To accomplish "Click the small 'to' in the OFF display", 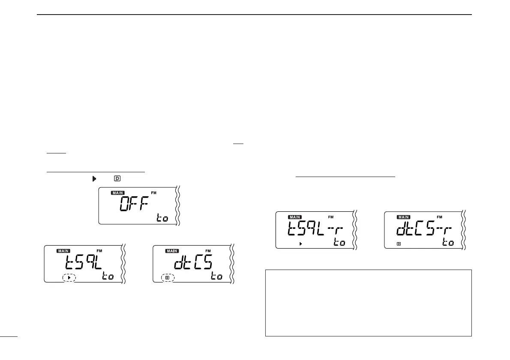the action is point(162,219).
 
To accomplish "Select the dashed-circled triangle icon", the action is point(69,278).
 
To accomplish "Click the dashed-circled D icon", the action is point(168,278).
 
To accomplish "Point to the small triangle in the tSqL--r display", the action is point(301,243).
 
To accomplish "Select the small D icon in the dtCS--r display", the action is point(398,243).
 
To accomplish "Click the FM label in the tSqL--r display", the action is point(331,218).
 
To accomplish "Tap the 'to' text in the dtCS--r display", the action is point(448,243).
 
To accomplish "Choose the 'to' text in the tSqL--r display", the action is point(339,243).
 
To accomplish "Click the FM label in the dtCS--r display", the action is point(439,218).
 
